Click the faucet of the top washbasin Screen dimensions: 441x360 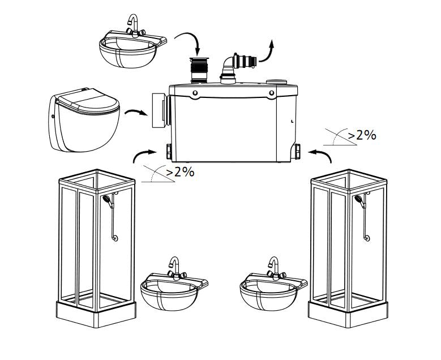pyautogui.click(x=134, y=26)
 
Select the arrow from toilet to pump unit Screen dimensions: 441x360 pyautogui.click(x=136, y=112)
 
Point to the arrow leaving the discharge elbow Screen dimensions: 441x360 pyautogui.click(x=267, y=53)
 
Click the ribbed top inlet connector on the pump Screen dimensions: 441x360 pyautogui.click(x=199, y=70)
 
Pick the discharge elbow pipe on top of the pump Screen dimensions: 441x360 pyautogui.click(x=238, y=67)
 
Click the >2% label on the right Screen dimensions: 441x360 pyautogui.click(x=362, y=135)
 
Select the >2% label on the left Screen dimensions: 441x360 pyautogui.click(x=180, y=172)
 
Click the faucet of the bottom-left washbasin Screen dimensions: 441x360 pyautogui.click(x=176, y=269)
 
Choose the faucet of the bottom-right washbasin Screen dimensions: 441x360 pyautogui.click(x=275, y=269)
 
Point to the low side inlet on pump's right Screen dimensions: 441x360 pyautogui.click(x=297, y=151)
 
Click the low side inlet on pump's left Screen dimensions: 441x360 pyautogui.click(x=169, y=151)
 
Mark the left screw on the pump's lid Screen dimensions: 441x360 pyautogui.click(x=195, y=93)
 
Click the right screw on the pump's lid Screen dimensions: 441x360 pyautogui.click(x=271, y=93)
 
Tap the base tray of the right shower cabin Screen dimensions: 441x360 pyautogui.click(x=348, y=313)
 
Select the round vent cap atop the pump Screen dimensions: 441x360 pyautogui.click(x=276, y=82)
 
